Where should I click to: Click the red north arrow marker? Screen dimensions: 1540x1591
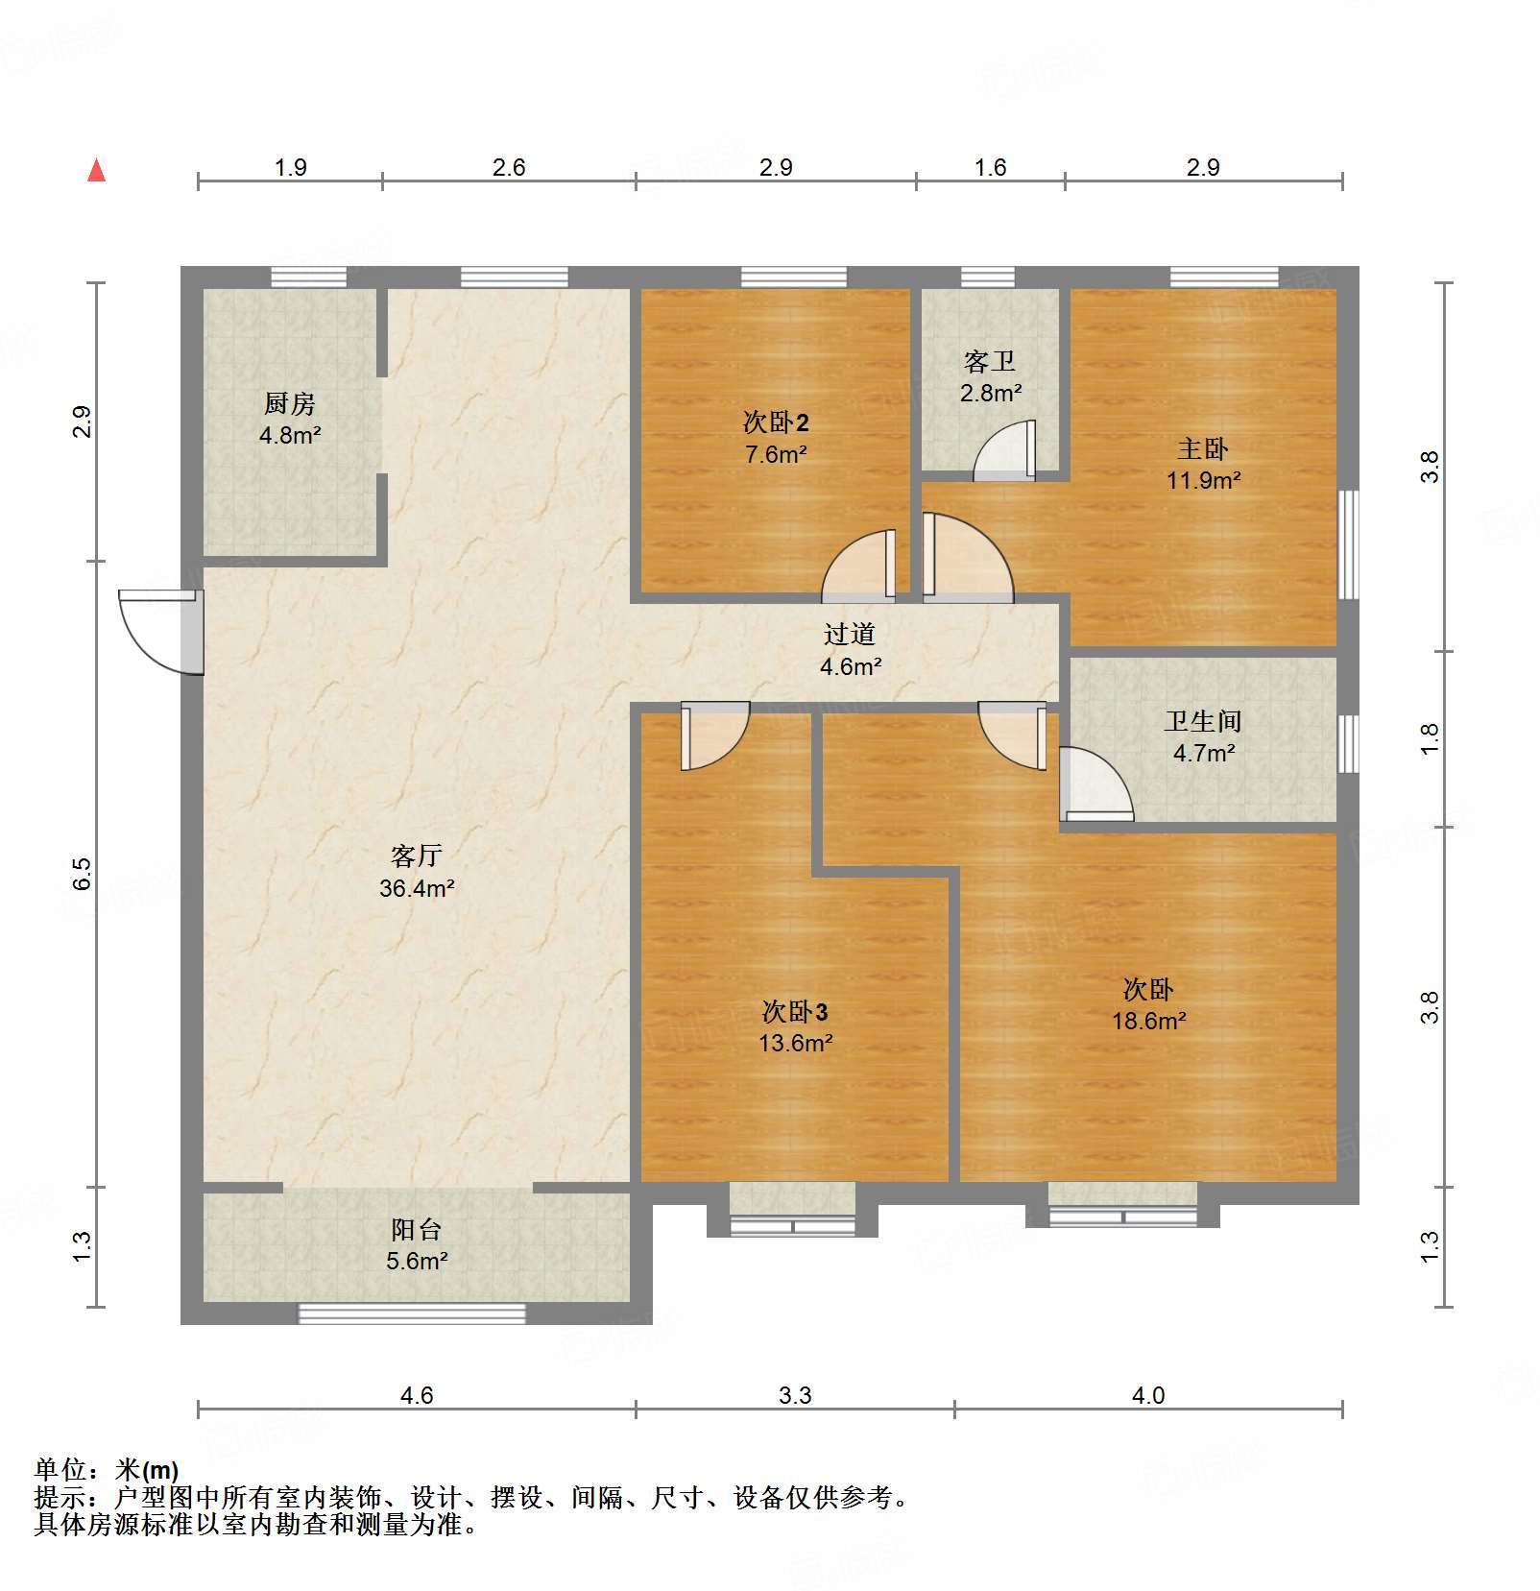(96, 170)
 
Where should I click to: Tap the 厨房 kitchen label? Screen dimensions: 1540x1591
(289, 404)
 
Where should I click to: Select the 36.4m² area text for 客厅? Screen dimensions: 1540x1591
(417, 888)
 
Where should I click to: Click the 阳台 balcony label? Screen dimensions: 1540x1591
(417, 1229)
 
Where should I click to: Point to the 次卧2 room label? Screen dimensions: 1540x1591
(776, 422)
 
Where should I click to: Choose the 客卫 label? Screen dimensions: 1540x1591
(990, 362)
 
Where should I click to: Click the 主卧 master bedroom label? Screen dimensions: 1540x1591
(1203, 448)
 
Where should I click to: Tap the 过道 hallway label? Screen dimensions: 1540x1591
(850, 634)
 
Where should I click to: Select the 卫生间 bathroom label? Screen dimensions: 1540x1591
(1203, 721)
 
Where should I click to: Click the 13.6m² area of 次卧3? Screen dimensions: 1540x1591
(796, 1043)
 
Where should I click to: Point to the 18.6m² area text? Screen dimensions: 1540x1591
(1149, 1021)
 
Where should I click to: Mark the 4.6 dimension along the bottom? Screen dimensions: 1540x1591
(417, 1395)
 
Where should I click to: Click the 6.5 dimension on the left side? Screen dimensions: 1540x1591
(83, 872)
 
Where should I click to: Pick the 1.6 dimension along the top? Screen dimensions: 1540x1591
(990, 168)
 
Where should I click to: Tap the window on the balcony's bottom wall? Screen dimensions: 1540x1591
(412, 1314)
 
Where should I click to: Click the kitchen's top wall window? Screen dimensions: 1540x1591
(308, 277)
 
